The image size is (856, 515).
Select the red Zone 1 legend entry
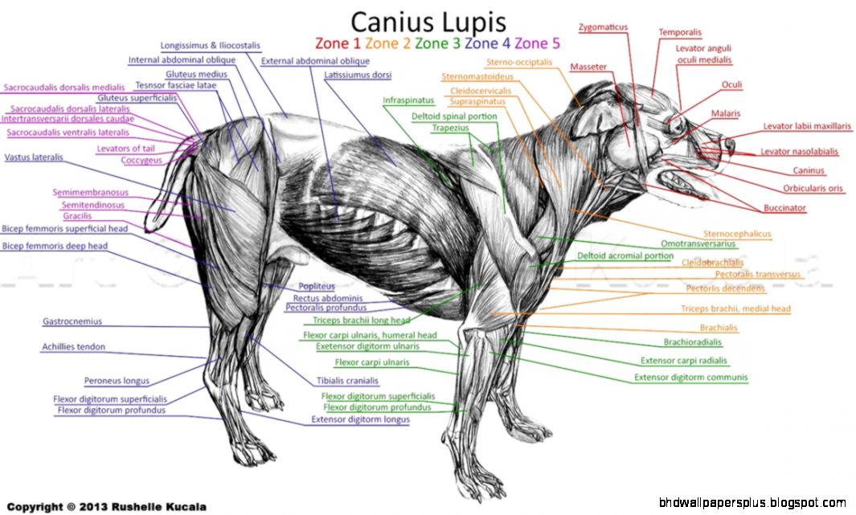click(335, 43)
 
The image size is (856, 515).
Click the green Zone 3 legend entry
click(437, 43)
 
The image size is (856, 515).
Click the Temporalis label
click(680, 33)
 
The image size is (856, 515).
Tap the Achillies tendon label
click(73, 347)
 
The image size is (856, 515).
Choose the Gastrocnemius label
click(72, 321)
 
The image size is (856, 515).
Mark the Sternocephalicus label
click(737, 234)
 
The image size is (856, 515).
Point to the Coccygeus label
click(141, 160)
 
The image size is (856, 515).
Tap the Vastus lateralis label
click(34, 157)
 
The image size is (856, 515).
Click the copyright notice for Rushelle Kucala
click(107, 506)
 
